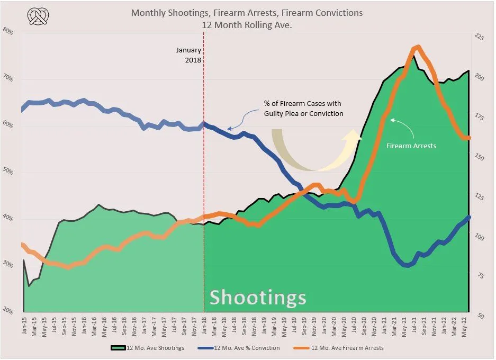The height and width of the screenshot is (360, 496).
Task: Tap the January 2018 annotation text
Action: (x=189, y=55)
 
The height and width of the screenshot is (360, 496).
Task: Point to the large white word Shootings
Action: (x=258, y=298)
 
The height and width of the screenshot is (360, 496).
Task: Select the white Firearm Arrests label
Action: (x=411, y=145)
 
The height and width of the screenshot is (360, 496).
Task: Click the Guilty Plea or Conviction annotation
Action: (x=304, y=109)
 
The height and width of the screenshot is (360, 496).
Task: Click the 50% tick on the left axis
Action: (x=9, y=172)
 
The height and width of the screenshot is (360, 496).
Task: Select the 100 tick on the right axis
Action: (x=480, y=238)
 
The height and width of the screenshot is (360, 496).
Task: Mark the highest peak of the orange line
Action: (x=417, y=47)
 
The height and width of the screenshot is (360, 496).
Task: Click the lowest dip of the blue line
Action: (x=406, y=265)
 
